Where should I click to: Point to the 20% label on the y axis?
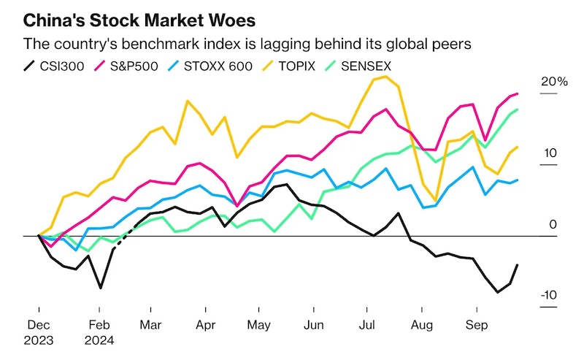[x=553, y=82]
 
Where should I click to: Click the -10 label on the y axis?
[x=549, y=295]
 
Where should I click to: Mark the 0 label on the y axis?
[x=553, y=224]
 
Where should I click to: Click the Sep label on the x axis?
[x=476, y=324]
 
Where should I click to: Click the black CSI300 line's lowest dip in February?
[x=100, y=288]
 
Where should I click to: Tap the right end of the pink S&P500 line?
[x=518, y=93]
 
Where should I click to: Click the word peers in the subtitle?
[x=453, y=45]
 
